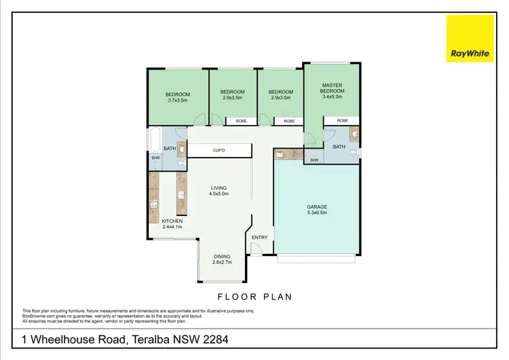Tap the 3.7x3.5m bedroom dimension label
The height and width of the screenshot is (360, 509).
coord(177,100)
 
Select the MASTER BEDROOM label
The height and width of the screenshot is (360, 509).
coord(333,88)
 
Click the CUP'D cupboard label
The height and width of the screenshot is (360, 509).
coord(219,150)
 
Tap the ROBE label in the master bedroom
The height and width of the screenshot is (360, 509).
coord(342,121)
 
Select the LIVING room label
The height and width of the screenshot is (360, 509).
coord(219,187)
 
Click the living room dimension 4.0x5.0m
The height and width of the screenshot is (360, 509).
coord(219,194)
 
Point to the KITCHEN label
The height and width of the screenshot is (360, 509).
coord(171,221)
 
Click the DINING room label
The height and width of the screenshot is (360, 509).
coord(222,256)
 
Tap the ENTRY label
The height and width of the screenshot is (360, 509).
coord(260,237)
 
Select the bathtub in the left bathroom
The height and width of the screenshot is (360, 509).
coord(154,140)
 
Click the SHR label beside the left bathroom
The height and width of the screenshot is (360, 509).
coord(155,158)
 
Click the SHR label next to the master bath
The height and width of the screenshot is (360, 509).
coord(314,160)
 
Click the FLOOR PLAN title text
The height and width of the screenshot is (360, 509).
coord(254,297)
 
